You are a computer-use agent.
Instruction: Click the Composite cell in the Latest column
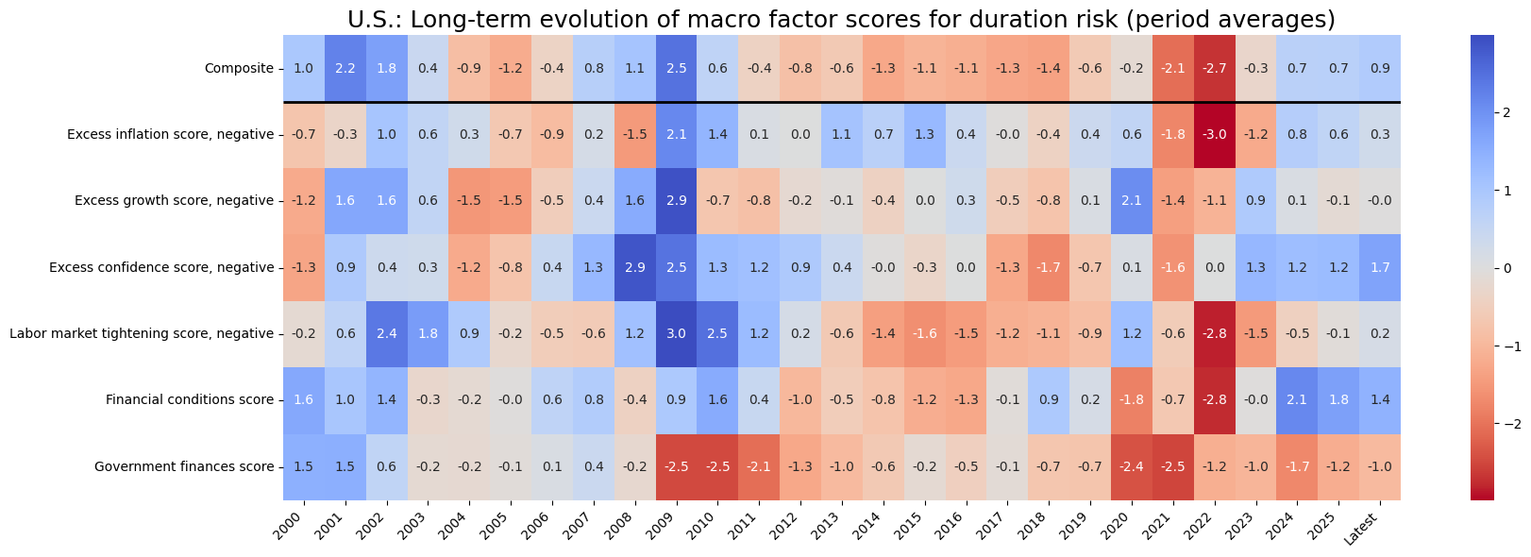click(x=1380, y=68)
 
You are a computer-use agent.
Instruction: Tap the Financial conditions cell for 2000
click(x=304, y=399)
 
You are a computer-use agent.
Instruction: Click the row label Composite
click(x=239, y=68)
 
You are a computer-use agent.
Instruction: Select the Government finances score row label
click(x=184, y=466)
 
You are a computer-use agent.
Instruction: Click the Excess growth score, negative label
click(x=170, y=200)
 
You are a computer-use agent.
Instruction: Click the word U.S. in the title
click(x=374, y=19)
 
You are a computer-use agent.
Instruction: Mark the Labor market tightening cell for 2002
click(x=387, y=333)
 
